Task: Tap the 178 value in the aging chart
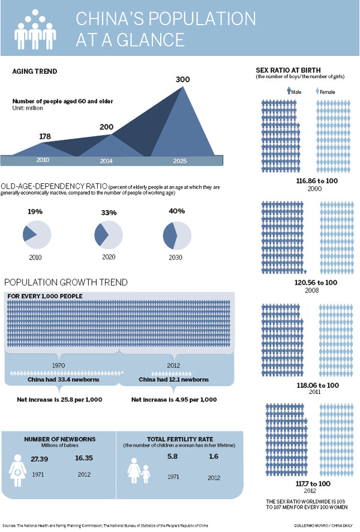[44, 137]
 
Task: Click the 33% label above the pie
[109, 213]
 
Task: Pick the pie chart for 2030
[178, 235]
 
